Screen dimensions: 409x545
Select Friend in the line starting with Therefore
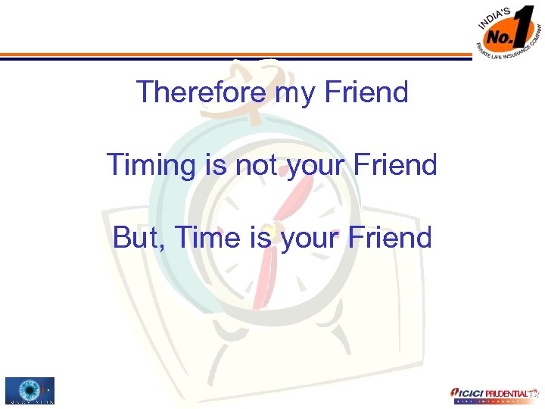click(x=366, y=92)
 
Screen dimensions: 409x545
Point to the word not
click(x=258, y=164)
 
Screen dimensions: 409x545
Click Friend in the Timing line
click(x=397, y=164)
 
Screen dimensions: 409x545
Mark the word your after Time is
click(x=312, y=239)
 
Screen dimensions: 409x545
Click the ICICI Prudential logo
click(x=491, y=394)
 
